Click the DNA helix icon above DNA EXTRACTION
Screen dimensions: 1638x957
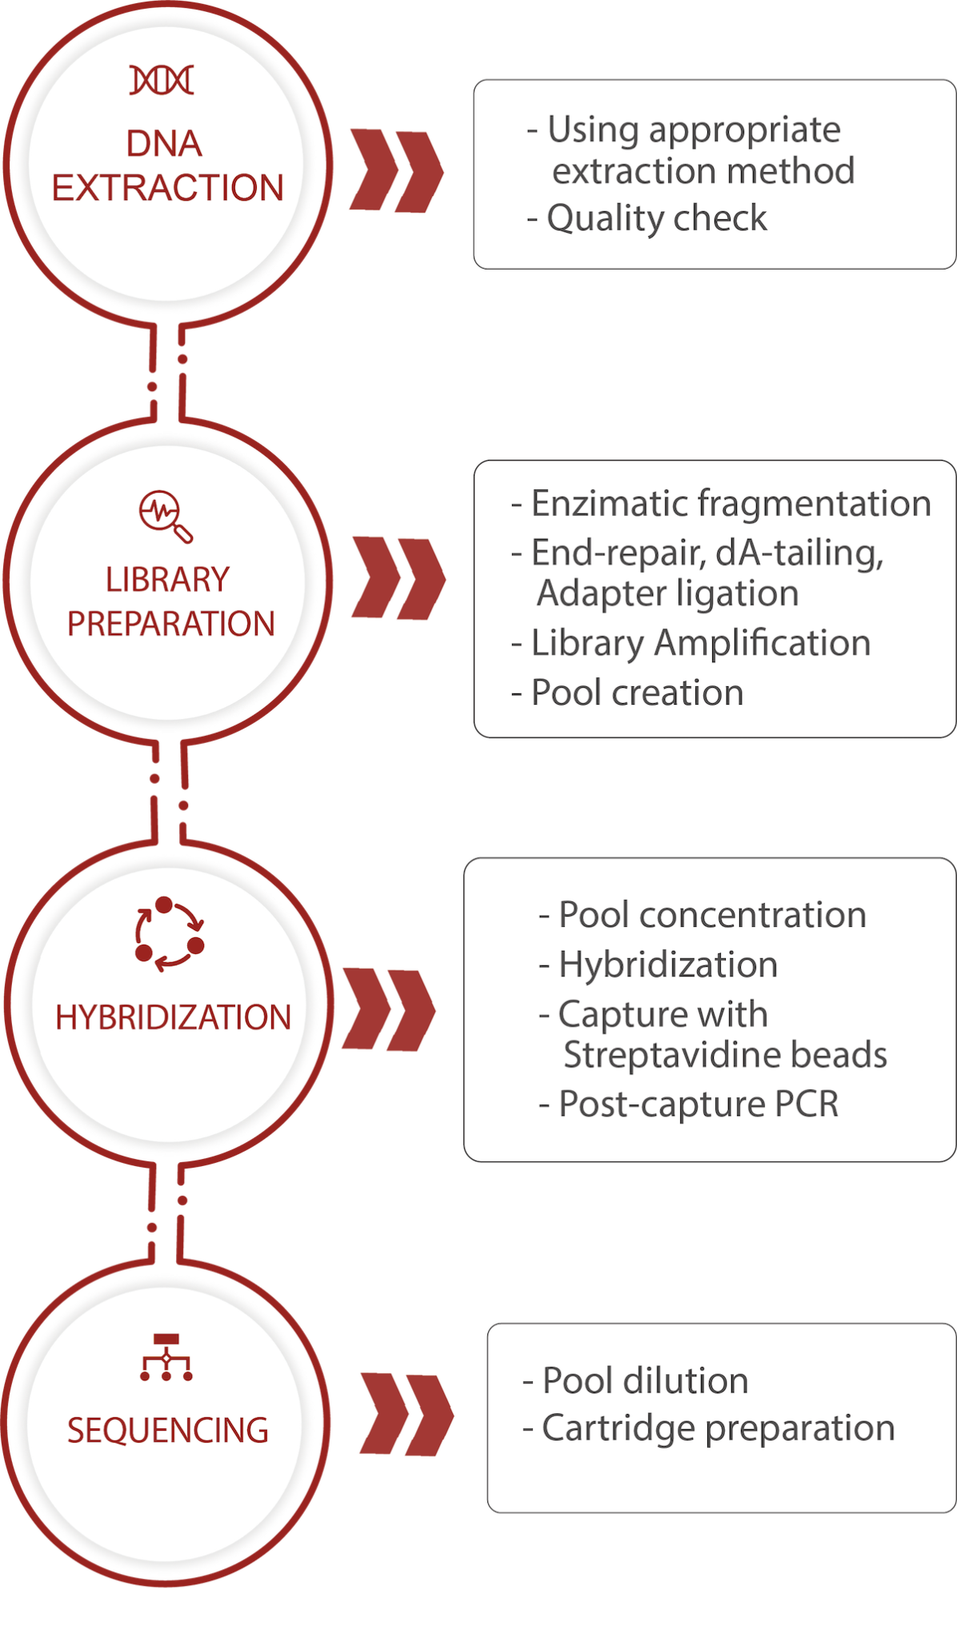[x=162, y=80]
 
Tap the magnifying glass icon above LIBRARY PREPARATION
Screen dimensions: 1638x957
[x=166, y=515]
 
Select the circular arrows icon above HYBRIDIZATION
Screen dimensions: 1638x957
[x=169, y=933]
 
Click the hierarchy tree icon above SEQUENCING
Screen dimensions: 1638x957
[x=166, y=1357]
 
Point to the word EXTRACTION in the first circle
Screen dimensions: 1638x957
[x=167, y=188]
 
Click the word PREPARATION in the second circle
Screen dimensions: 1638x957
[x=170, y=624]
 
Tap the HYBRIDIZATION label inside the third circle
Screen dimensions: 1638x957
[x=173, y=1017]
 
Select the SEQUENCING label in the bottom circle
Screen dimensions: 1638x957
[x=167, y=1431]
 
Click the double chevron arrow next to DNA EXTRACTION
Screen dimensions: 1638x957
[x=396, y=170]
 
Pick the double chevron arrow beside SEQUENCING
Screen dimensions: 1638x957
[x=406, y=1415]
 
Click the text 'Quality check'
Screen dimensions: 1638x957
[x=656, y=218]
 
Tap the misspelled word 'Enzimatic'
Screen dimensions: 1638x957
[x=608, y=504]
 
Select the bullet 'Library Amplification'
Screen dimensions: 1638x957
[x=700, y=643]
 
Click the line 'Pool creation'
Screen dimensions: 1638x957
[x=637, y=693]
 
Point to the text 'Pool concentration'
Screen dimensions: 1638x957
[x=711, y=915]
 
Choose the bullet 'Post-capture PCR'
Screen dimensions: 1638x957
[x=698, y=1105]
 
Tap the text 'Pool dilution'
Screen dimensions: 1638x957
[x=645, y=1380]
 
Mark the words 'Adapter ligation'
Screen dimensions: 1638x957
[x=667, y=593]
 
